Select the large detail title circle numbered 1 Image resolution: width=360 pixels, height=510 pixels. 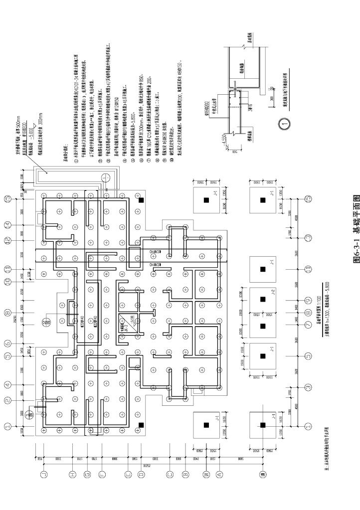(282, 121)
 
